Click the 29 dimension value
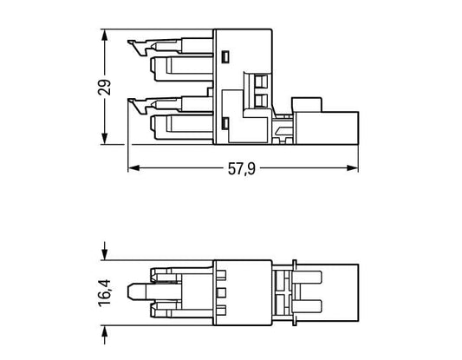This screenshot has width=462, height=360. (105, 87)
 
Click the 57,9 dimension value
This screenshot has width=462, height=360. (242, 169)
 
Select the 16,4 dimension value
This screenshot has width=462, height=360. (105, 293)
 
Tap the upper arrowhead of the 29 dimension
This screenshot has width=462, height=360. (104, 35)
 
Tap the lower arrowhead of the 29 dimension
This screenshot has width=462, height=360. (104, 139)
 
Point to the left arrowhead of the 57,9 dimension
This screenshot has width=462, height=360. (133, 168)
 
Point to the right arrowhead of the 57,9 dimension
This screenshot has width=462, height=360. (353, 168)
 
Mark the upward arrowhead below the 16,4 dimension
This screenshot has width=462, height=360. (104, 331)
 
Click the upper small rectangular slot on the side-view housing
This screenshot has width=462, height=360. (225, 56)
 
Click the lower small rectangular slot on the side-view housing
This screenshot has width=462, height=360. (225, 123)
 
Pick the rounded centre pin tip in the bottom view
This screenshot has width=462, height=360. (130, 291)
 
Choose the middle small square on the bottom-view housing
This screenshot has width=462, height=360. (221, 292)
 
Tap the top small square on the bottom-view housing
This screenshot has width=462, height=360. (221, 275)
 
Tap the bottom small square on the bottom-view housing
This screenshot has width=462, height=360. (221, 310)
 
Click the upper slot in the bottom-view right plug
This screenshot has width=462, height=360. (307, 278)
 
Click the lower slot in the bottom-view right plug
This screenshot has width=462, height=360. (307, 307)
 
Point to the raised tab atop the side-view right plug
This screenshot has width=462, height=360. (307, 105)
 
